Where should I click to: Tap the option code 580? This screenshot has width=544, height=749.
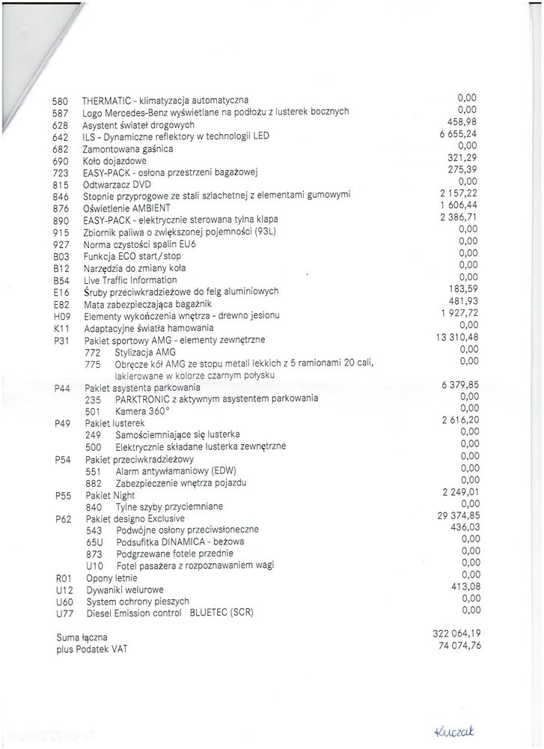[61, 100]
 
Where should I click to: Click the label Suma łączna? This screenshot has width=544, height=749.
[82, 637]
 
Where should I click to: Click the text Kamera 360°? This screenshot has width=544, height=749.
[143, 411]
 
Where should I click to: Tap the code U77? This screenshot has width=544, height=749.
[65, 613]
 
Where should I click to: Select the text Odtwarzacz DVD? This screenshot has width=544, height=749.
[117, 184]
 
